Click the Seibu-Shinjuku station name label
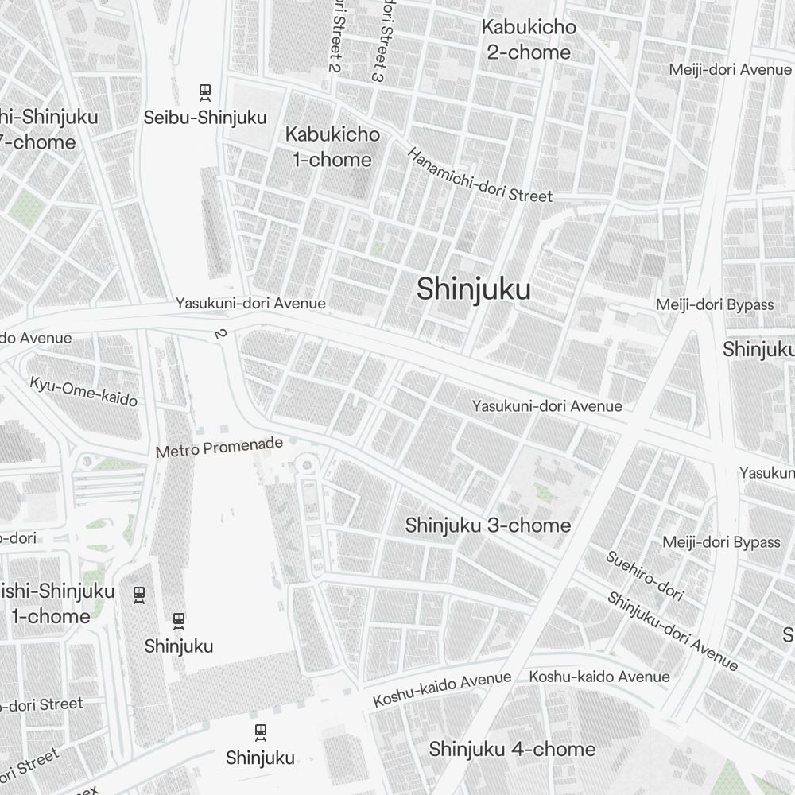[204, 118]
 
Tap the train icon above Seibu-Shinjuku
[205, 92]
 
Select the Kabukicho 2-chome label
[528, 40]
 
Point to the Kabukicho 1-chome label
[332, 147]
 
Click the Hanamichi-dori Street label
[479, 176]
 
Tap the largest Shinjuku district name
[473, 290]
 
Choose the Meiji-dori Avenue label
[730, 70]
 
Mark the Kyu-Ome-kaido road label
[83, 390]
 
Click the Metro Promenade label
[219, 448]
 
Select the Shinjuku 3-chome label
[487, 525]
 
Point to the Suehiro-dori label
[644, 574]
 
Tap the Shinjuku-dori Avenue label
[673, 630]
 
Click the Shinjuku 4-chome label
[512, 749]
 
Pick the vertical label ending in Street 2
[336, 36]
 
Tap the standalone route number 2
[219, 334]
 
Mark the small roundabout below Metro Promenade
[308, 464]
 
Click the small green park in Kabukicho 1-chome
[378, 249]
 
